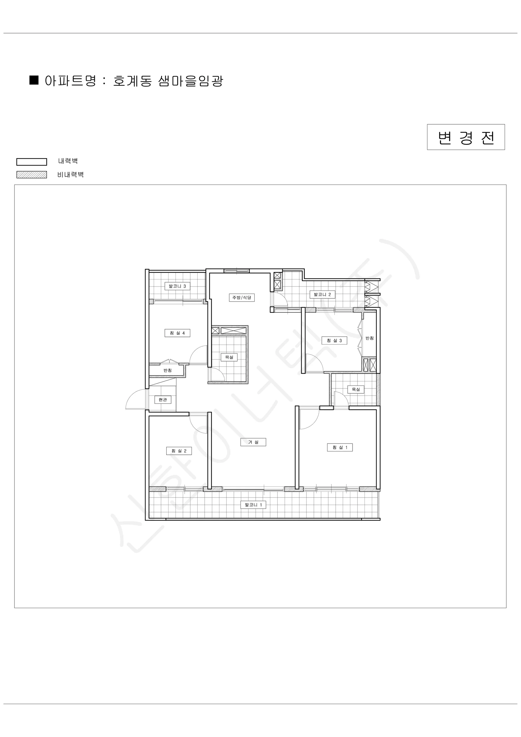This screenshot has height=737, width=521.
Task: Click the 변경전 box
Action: tap(465, 137)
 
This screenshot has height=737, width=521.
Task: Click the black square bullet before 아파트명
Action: tap(34, 80)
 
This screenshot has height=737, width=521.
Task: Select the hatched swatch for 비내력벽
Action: tap(32, 175)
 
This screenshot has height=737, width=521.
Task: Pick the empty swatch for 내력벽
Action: tap(32, 162)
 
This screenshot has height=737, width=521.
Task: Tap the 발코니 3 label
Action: tap(177, 286)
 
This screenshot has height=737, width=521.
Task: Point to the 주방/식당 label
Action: tap(242, 298)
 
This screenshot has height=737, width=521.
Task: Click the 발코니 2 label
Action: tap(322, 294)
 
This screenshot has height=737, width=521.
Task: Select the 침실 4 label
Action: tap(177, 333)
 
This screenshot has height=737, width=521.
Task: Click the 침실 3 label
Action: tap(334, 340)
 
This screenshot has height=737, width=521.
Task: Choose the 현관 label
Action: tap(163, 400)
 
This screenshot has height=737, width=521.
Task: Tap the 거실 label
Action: tap(253, 442)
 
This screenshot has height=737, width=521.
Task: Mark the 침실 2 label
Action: tap(179, 451)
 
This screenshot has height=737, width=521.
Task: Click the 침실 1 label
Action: tap(340, 447)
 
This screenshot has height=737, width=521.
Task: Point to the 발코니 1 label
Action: tap(253, 505)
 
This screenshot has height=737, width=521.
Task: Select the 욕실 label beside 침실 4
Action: tap(229, 357)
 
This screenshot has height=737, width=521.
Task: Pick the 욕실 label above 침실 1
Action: tap(356, 389)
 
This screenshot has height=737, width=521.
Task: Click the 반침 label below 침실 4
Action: tap(168, 370)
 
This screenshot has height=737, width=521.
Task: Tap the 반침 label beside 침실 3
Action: tap(369, 338)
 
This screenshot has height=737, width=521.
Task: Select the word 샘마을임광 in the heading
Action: tap(191, 80)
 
